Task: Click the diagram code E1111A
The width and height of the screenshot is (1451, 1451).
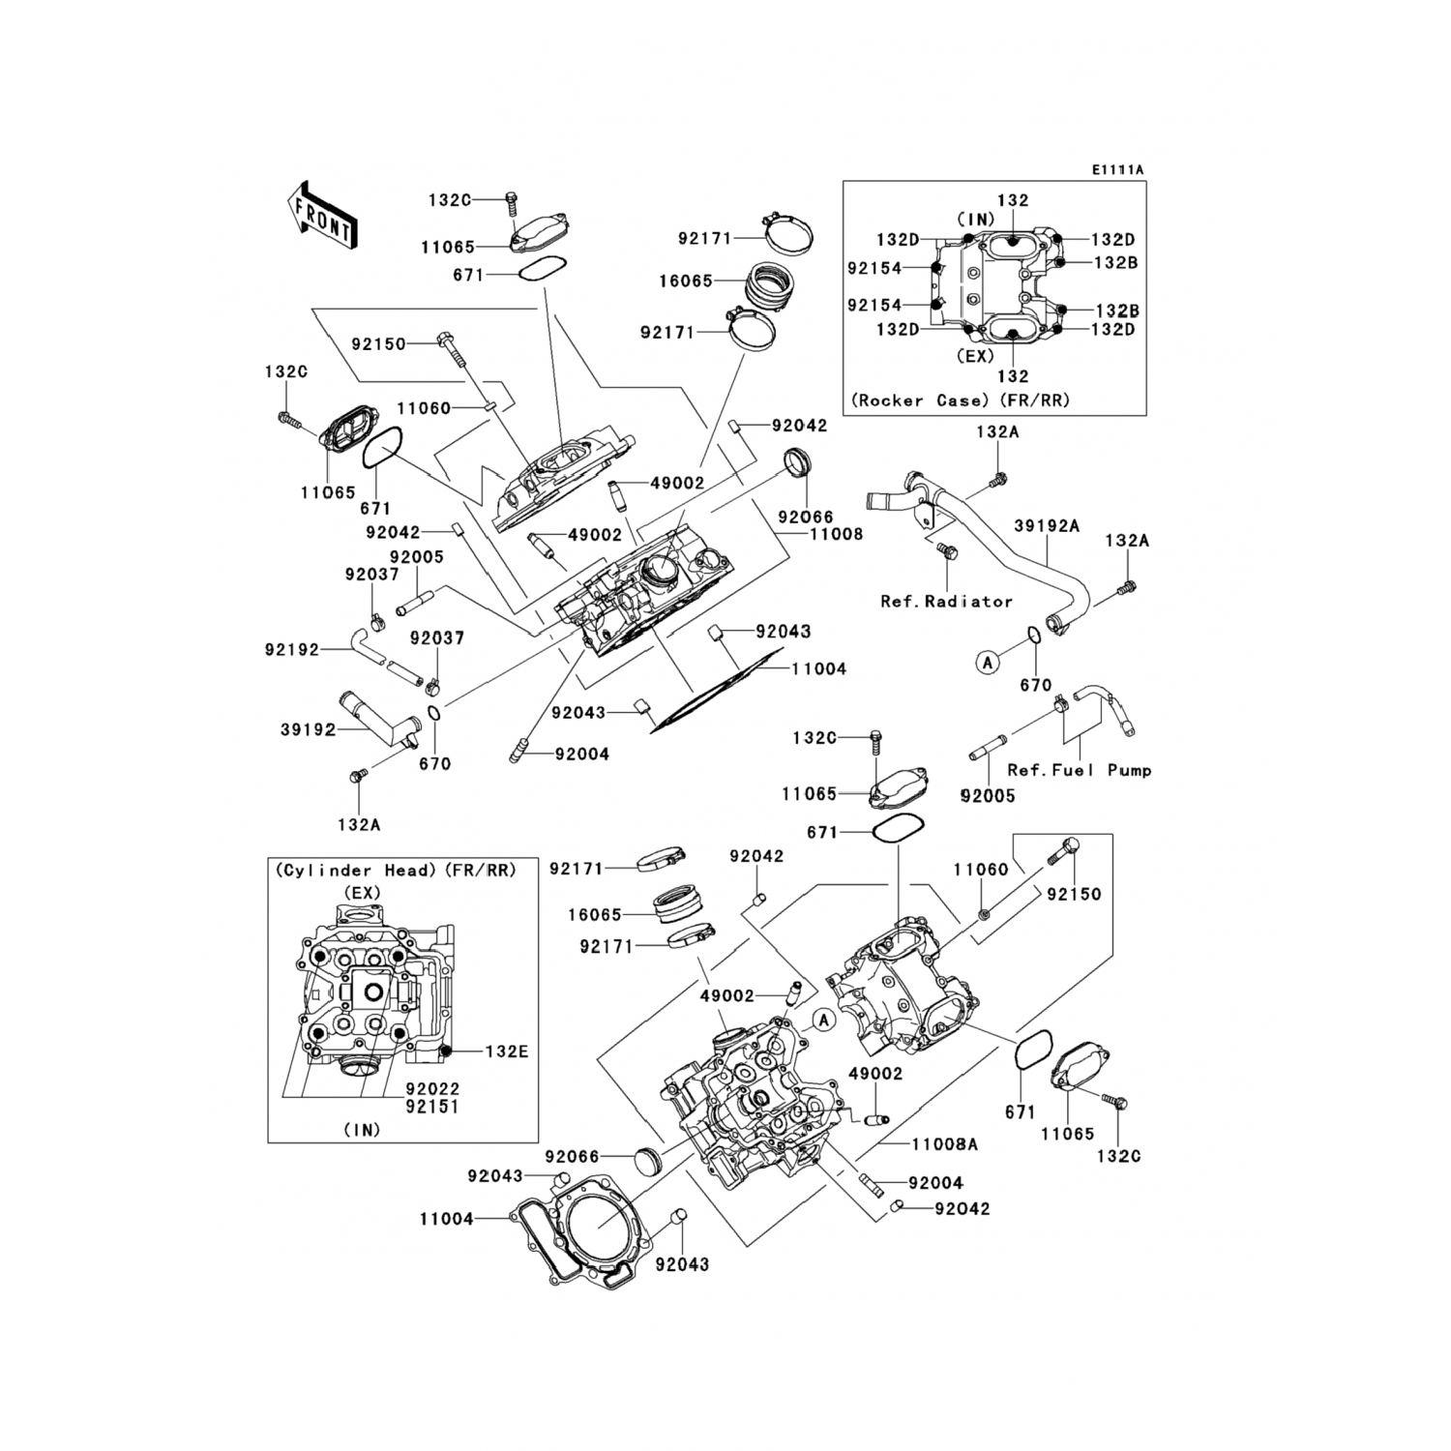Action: click(1117, 170)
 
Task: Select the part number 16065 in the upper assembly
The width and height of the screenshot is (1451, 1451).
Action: click(685, 281)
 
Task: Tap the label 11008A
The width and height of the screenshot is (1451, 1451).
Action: click(944, 1144)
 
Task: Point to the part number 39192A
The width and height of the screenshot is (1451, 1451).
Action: click(1046, 526)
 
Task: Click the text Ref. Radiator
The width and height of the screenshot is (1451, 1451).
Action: click(946, 601)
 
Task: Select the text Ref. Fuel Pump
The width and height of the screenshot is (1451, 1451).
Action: click(1079, 770)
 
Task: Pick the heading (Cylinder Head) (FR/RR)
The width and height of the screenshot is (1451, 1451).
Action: click(396, 871)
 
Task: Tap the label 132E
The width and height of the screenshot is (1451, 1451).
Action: click(506, 1051)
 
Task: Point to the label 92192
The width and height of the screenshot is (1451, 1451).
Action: click(291, 650)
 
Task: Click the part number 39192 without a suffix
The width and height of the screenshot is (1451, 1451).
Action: click(308, 729)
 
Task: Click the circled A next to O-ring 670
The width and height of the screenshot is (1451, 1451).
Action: click(987, 663)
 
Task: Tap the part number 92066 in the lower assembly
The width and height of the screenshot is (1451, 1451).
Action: click(572, 1157)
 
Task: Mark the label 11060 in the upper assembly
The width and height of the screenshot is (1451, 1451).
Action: click(424, 408)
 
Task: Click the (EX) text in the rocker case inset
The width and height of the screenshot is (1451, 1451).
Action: click(975, 355)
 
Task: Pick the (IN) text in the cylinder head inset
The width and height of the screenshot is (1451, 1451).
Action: click(362, 1129)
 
